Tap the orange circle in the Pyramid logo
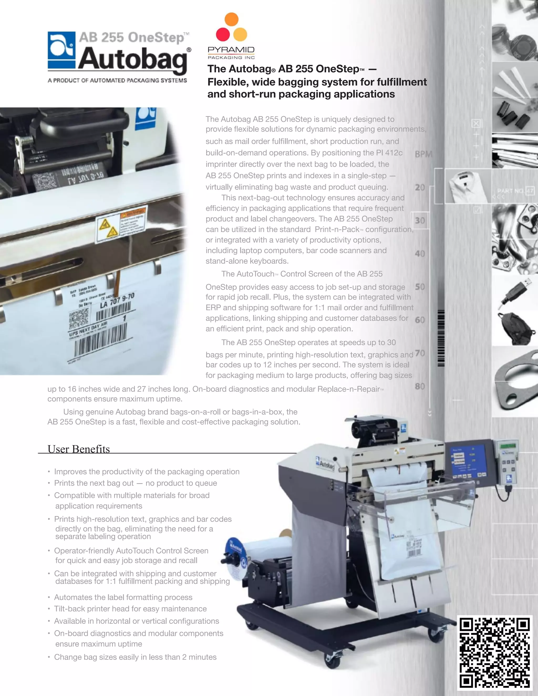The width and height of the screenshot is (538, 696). (x=231, y=19)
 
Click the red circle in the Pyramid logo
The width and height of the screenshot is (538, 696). (x=223, y=34)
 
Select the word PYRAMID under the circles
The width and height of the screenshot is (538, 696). (x=231, y=50)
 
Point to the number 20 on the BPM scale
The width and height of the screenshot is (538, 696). (x=420, y=187)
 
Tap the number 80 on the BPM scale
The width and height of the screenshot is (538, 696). (x=420, y=386)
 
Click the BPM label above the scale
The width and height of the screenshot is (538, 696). (x=423, y=154)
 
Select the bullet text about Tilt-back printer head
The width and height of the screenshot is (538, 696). (x=130, y=609)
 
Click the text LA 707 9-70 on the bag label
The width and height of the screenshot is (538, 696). (x=117, y=300)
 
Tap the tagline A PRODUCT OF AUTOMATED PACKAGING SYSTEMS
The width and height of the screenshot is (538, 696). (x=117, y=80)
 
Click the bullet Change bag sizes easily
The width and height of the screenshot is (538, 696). (x=135, y=657)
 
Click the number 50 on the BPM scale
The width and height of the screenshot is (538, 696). (x=420, y=287)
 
